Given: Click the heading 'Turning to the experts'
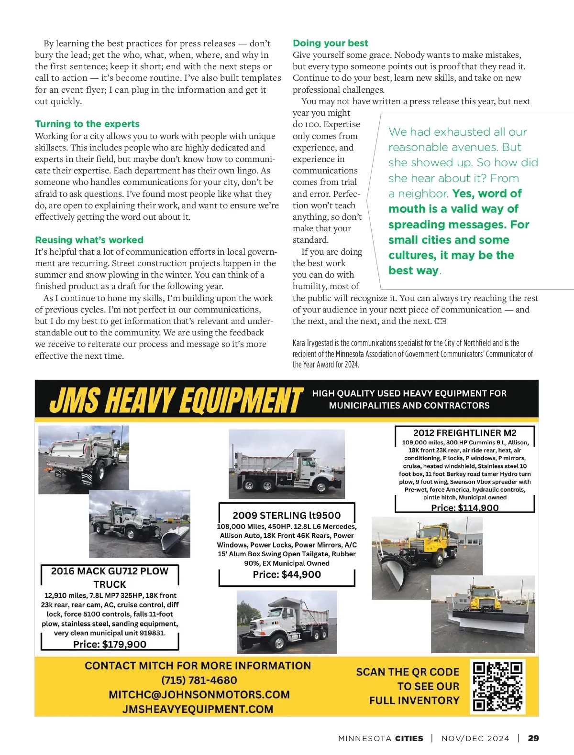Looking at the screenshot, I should pyautogui.click(x=87, y=124).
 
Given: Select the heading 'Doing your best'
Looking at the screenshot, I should pyautogui.click(x=331, y=43).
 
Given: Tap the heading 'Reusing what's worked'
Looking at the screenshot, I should pyautogui.click(x=89, y=240).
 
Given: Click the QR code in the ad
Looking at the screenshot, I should pyautogui.click(x=498, y=686).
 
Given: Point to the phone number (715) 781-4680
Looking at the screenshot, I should pyautogui.click(x=199, y=680).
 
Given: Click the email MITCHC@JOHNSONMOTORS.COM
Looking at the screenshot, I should pyautogui.click(x=199, y=694).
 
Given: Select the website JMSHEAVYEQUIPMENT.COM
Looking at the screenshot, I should pyautogui.click(x=198, y=709).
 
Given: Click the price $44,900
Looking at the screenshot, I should pyautogui.click(x=287, y=574).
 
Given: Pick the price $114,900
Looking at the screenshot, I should pyautogui.click(x=464, y=507).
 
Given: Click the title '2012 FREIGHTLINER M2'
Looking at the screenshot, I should pyautogui.click(x=464, y=433).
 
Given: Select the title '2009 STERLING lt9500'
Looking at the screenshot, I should pyautogui.click(x=287, y=515).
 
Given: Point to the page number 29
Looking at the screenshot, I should pyautogui.click(x=533, y=738).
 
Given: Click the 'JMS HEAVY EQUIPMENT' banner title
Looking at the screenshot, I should pyautogui.click(x=176, y=400).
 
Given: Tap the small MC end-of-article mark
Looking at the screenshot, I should pyautogui.click(x=441, y=321).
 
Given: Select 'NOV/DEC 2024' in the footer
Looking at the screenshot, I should pyautogui.click(x=475, y=738).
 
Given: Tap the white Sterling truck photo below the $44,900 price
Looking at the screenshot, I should pyautogui.click(x=287, y=622).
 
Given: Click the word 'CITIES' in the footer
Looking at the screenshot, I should pyautogui.click(x=409, y=738).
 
